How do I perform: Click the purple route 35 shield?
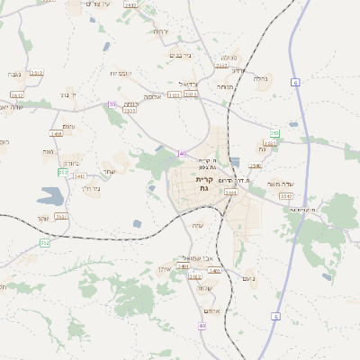[112, 104]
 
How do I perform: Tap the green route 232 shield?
[45, 243]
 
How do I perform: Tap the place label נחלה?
[261, 78]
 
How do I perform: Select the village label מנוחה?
[224, 87]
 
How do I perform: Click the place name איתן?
[164, 269]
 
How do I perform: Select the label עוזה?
[199, 225]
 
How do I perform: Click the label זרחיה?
[160, 31]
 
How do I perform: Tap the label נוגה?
[48, 152]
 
